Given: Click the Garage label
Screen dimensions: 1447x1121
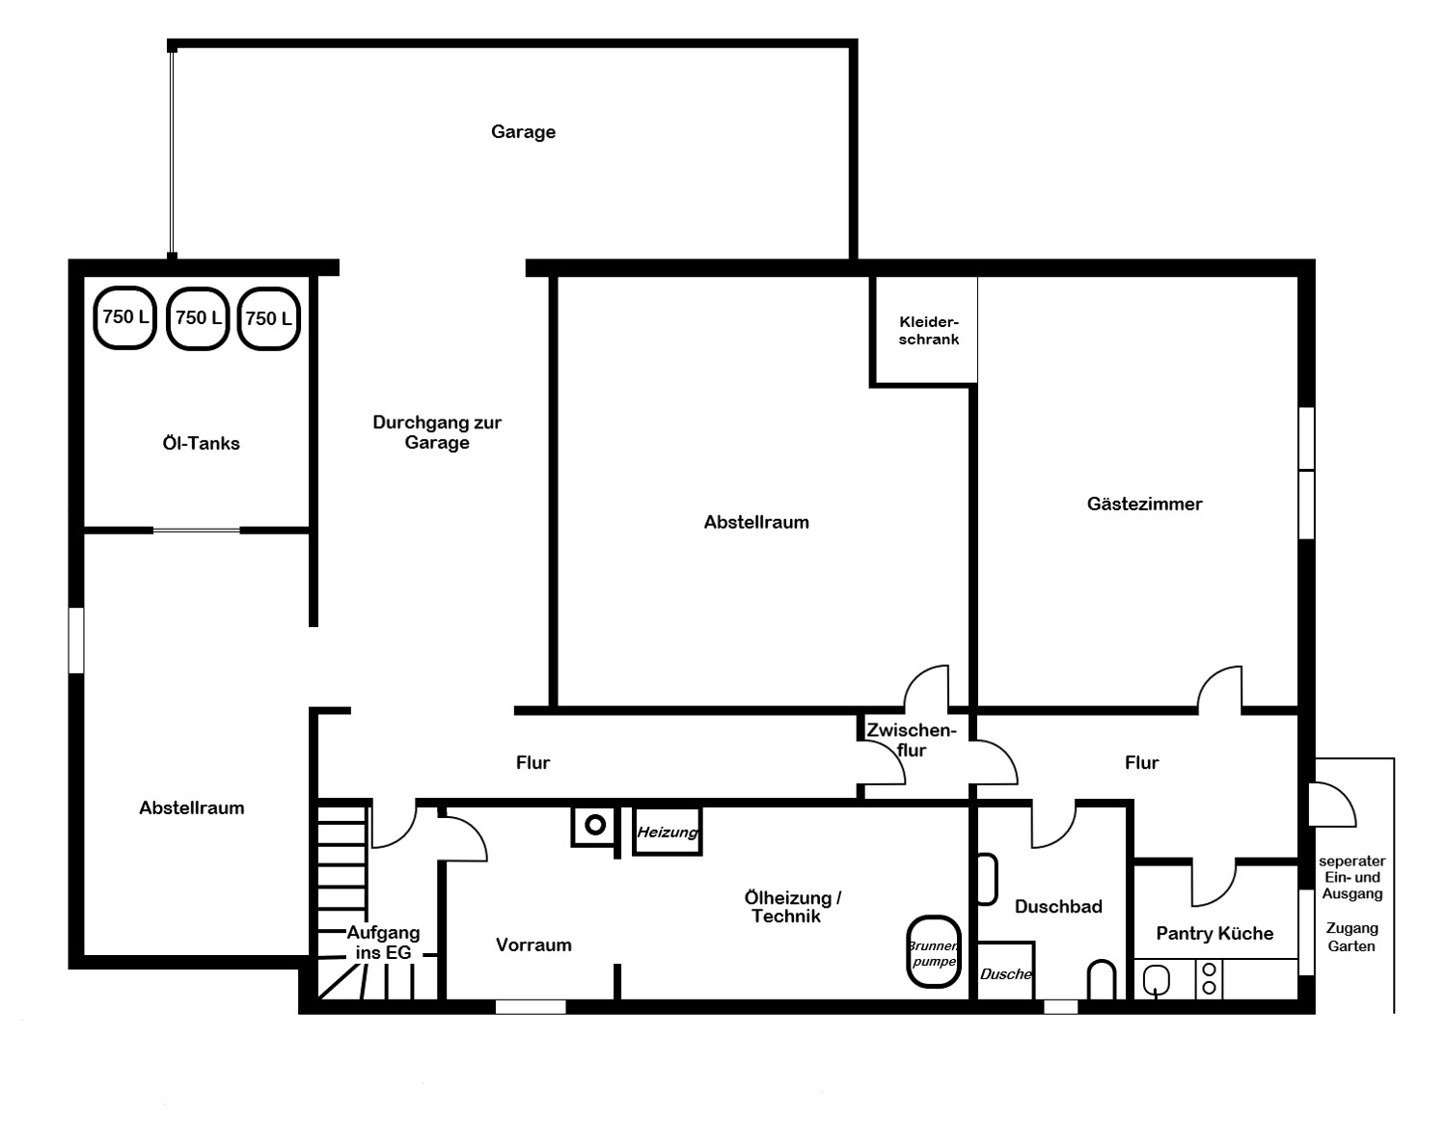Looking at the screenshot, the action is pyautogui.click(x=523, y=132).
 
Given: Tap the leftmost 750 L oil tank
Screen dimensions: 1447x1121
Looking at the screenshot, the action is pyautogui.click(x=125, y=317).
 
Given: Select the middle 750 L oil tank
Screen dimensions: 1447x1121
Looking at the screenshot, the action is pyautogui.click(x=198, y=318).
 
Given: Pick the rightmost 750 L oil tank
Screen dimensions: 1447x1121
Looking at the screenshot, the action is pyautogui.click(x=269, y=319).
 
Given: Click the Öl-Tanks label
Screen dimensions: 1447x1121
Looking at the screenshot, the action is pyautogui.click(x=201, y=444).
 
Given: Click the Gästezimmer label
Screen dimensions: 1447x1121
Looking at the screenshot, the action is pyautogui.click(x=1145, y=504).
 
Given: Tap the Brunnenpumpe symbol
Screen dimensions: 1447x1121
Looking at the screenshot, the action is pyautogui.click(x=934, y=952).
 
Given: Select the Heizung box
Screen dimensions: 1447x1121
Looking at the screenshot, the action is pyautogui.click(x=668, y=832).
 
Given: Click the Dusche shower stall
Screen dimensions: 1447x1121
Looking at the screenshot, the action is pyautogui.click(x=1005, y=970).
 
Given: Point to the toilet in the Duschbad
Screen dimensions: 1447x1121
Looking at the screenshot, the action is pyautogui.click(x=1102, y=980).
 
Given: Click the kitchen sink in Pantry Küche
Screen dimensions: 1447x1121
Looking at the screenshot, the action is pyautogui.click(x=1157, y=981).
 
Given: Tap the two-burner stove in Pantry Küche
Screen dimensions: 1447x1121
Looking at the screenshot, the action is pyautogui.click(x=1210, y=978).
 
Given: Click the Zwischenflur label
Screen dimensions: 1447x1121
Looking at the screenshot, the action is pyautogui.click(x=911, y=740).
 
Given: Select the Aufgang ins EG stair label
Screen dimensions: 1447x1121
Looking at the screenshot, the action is pyautogui.click(x=383, y=942).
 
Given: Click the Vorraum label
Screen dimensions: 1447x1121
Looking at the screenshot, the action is pyautogui.click(x=533, y=945).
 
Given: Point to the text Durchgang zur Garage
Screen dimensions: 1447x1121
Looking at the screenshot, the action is pyautogui.click(x=437, y=432).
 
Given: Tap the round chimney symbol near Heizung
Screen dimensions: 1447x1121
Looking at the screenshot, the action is pyautogui.click(x=595, y=826).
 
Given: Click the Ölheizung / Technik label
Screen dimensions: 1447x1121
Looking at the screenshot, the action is pyautogui.click(x=792, y=908).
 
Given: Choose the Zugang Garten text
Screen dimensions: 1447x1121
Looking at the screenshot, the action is pyautogui.click(x=1351, y=937).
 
